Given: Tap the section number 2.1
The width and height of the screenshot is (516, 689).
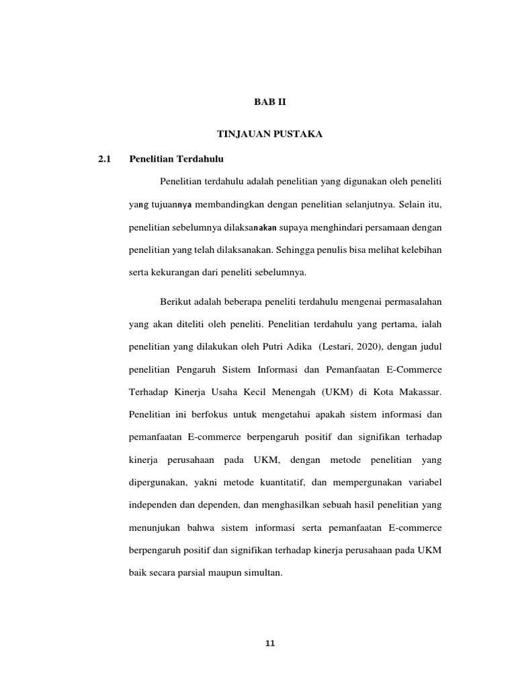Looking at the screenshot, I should pyautogui.click(x=103, y=159).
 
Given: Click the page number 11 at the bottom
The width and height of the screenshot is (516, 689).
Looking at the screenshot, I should pyautogui.click(x=270, y=643).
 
